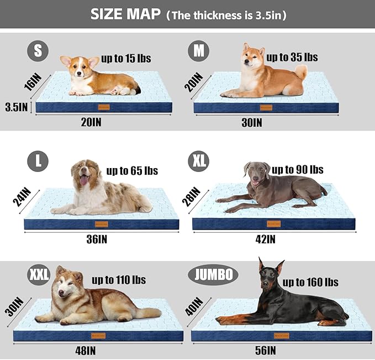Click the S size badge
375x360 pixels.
(x=38, y=51)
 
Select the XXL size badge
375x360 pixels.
(x=39, y=274)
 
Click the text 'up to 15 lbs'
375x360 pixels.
(x=126, y=58)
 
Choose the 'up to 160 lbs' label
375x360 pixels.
(x=310, y=282)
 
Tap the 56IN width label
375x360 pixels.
(x=266, y=350)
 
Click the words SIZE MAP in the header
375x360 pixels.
(x=125, y=15)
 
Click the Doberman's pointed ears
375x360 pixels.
(x=271, y=265)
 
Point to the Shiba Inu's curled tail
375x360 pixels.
(x=301, y=71)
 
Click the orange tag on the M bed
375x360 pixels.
(x=266, y=107)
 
